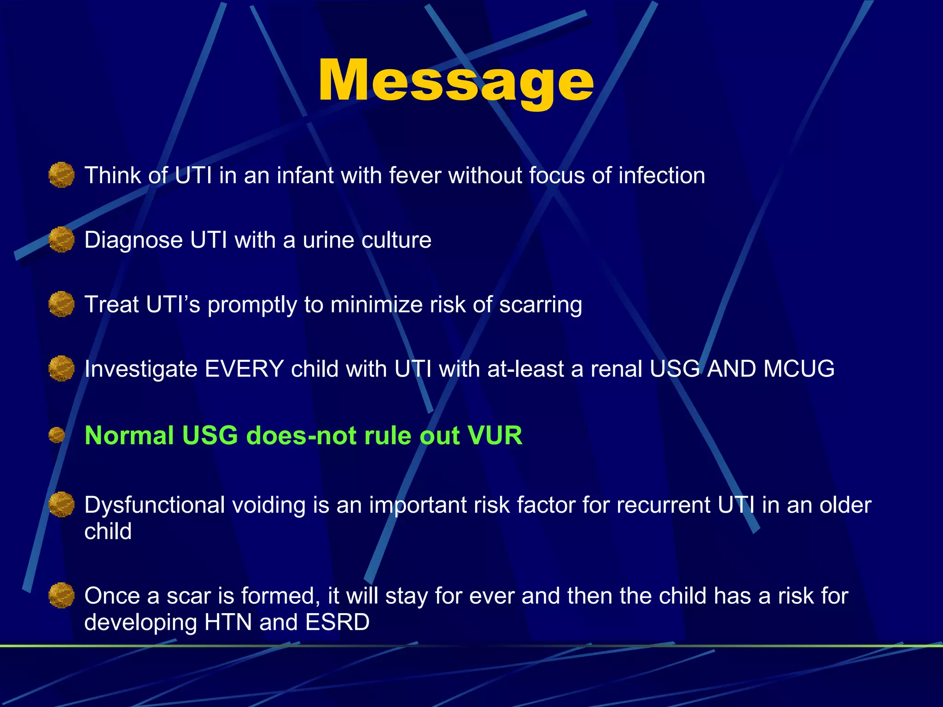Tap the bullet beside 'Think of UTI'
(x=61, y=175)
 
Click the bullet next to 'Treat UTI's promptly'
(x=61, y=304)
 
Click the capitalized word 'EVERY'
(x=244, y=369)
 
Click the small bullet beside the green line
(x=57, y=435)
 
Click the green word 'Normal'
(x=129, y=435)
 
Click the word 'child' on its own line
(x=108, y=532)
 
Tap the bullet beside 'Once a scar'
(x=61, y=595)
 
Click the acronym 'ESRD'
(x=337, y=622)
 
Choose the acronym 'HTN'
(x=227, y=622)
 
